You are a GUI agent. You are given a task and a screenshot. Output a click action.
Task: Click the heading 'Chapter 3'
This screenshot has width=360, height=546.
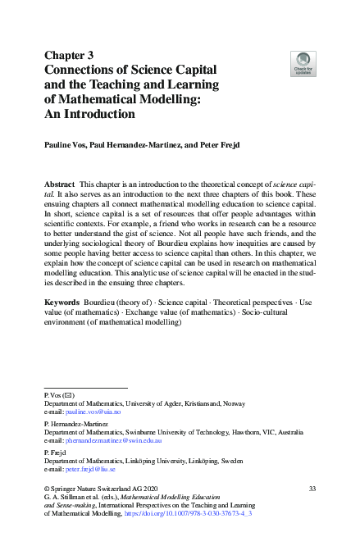(x=70, y=55)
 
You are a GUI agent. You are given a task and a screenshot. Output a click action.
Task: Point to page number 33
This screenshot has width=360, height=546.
(x=312, y=489)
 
